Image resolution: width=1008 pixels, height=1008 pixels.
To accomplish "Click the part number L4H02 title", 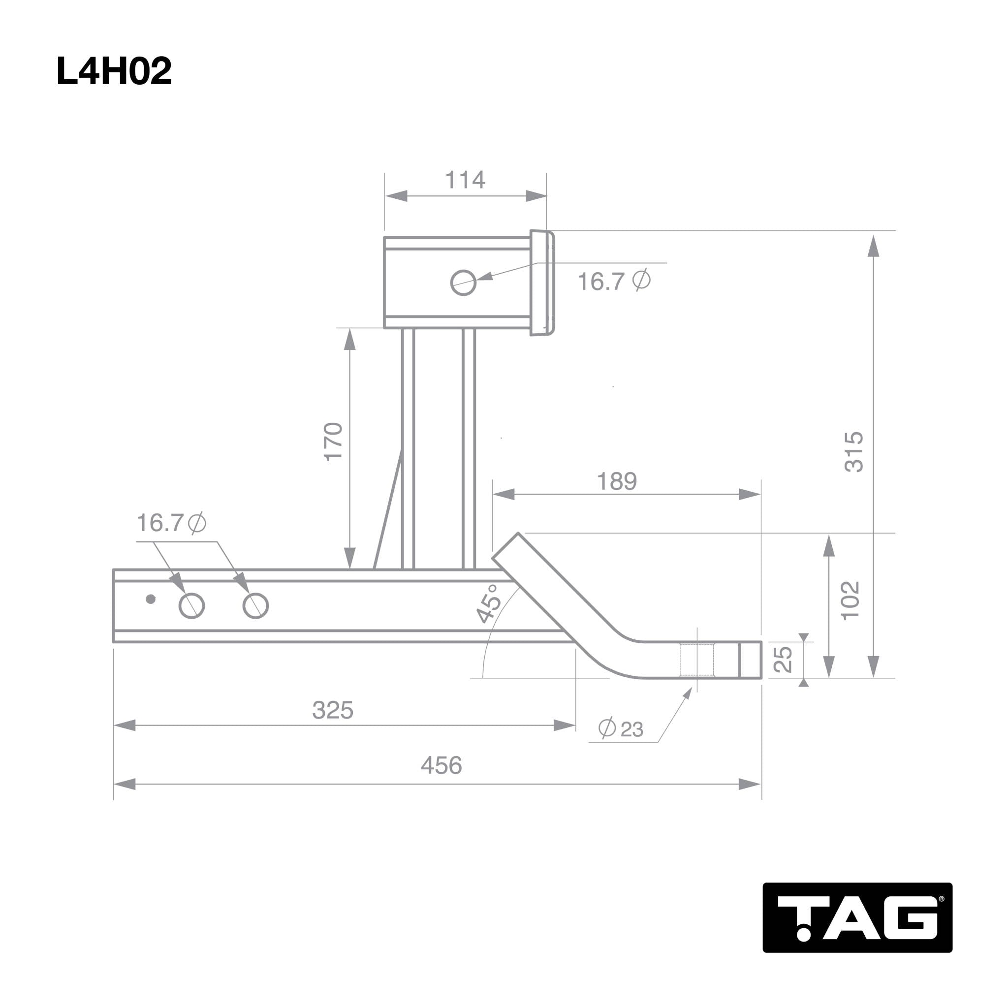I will click(114, 71).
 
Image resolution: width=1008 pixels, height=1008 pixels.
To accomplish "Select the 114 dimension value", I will click(465, 181).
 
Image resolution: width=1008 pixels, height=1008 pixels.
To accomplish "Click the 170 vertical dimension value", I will click(333, 442).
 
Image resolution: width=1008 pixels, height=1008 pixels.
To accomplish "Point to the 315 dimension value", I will click(854, 452).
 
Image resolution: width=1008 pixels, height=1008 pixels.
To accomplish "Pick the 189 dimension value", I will click(617, 481).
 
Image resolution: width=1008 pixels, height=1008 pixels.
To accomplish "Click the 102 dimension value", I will click(850, 600).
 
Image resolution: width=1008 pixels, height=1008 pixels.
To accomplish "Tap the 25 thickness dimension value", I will click(783, 660).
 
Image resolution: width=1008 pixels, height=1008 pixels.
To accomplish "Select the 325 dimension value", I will click(333, 711).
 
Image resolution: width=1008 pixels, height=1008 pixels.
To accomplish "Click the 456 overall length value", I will click(441, 766).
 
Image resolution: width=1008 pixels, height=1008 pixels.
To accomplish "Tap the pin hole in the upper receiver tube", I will click(463, 283).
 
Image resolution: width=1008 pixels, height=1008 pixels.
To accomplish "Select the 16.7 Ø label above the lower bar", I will click(171, 523).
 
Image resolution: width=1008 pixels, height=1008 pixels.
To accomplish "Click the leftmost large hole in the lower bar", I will click(191, 606).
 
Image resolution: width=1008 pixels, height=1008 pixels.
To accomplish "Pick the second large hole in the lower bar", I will click(255, 606).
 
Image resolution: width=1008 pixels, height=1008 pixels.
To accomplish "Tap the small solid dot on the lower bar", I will click(151, 599).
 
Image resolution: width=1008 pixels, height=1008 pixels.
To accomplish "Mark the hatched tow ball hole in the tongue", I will click(697, 660).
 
